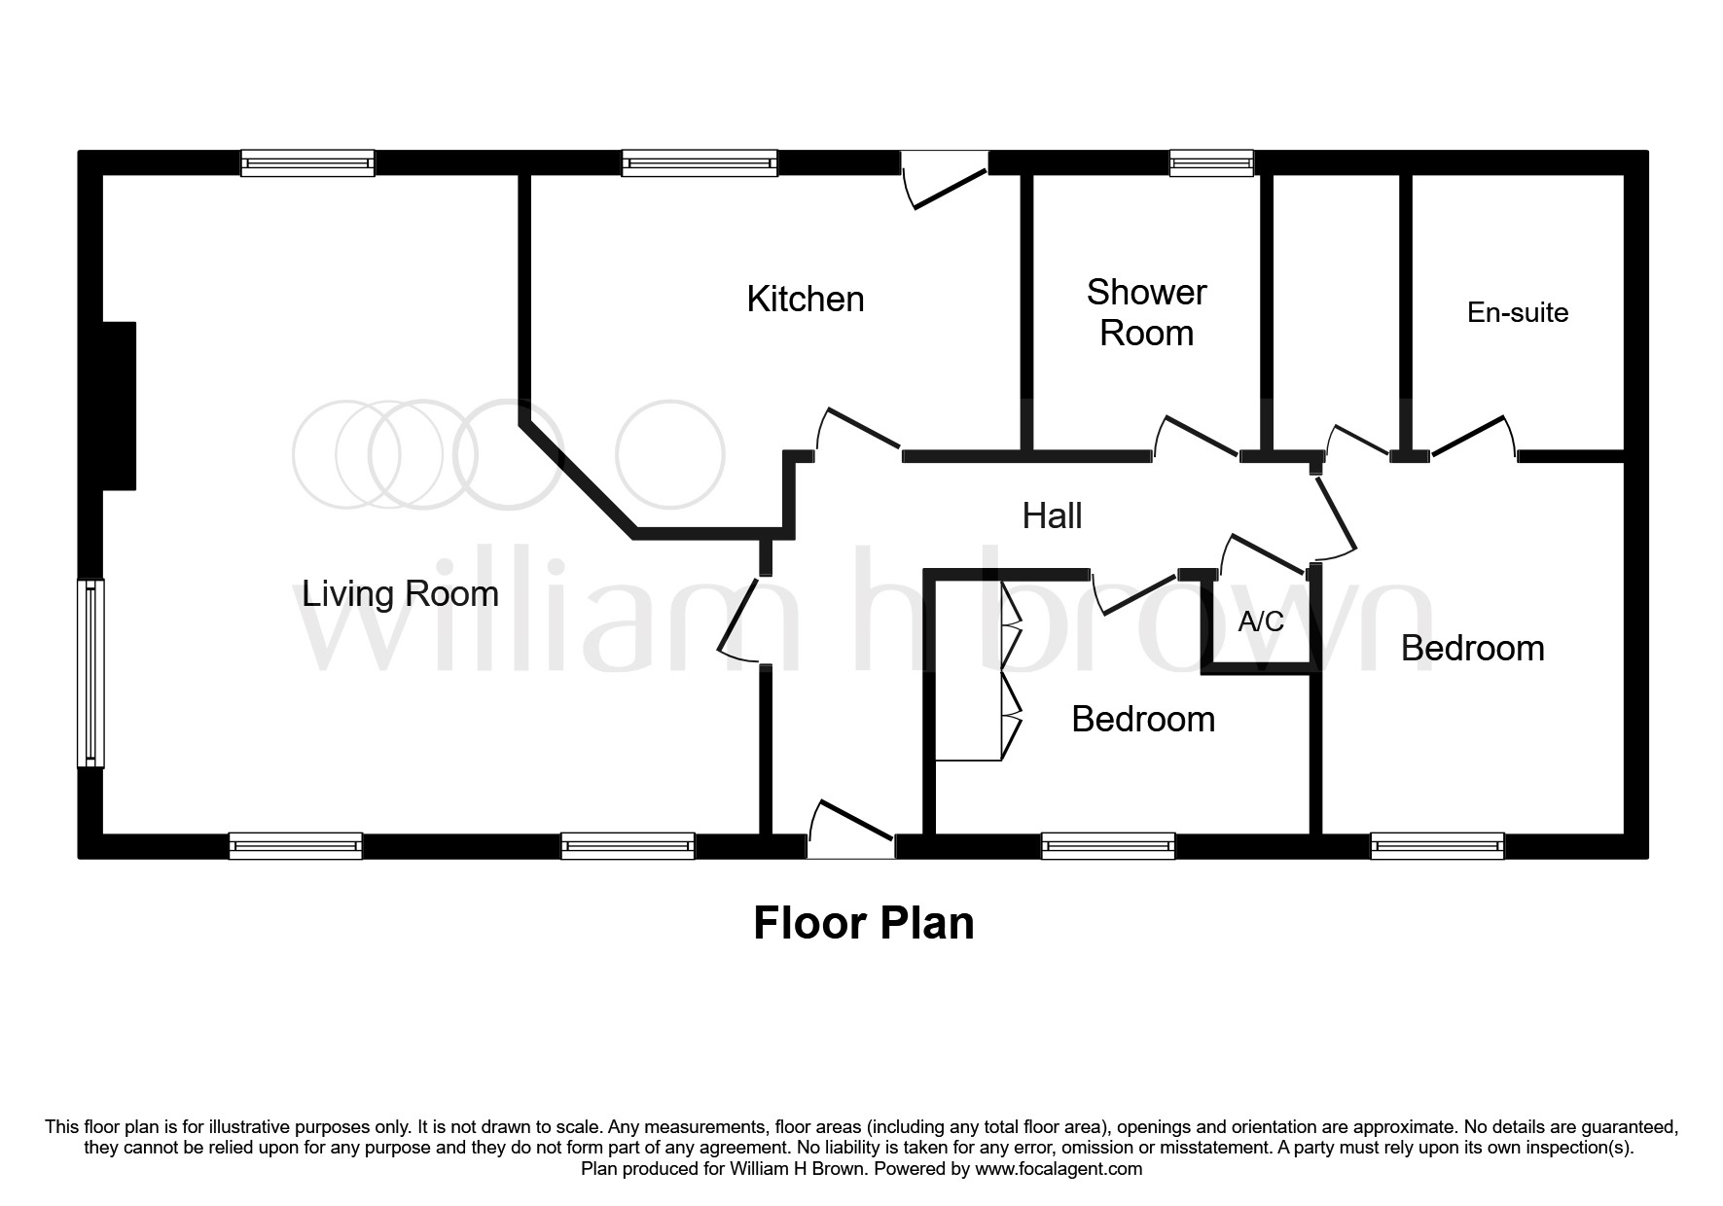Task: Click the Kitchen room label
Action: click(x=805, y=300)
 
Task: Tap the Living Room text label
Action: click(x=400, y=593)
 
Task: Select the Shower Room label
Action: click(x=1146, y=312)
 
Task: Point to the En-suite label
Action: click(x=1517, y=312)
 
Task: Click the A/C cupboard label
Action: click(x=1260, y=621)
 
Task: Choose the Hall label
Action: click(x=1052, y=515)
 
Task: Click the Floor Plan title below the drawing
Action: click(x=863, y=923)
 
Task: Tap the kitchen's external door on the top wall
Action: click(x=945, y=180)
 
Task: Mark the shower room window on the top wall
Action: click(x=1210, y=162)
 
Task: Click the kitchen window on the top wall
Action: click(x=699, y=162)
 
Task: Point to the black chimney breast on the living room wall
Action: click(x=119, y=406)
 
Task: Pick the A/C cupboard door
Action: click(x=1265, y=554)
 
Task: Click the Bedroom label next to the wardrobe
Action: click(x=1142, y=720)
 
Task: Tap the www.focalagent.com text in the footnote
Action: click(x=1059, y=1169)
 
